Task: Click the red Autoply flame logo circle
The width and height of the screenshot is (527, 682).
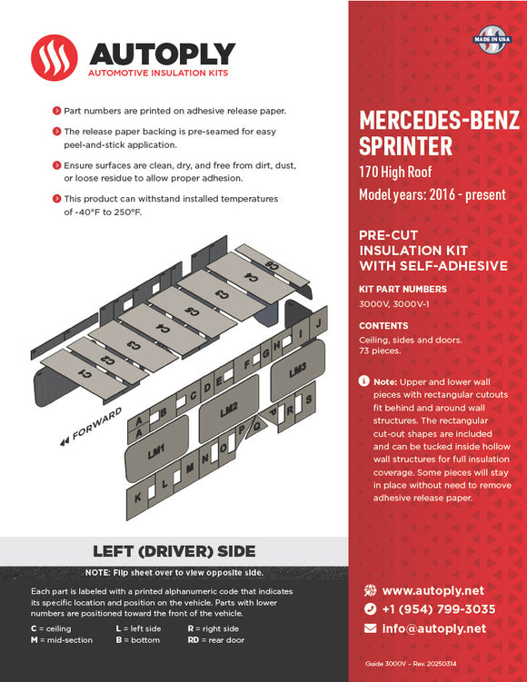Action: [55, 58]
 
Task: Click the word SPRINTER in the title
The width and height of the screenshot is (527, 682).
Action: [405, 145]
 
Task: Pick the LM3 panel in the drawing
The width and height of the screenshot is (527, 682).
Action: [298, 371]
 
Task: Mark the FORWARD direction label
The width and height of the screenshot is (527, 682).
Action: [94, 427]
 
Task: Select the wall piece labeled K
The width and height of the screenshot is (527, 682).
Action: [138, 499]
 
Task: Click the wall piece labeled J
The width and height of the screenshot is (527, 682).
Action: [318, 323]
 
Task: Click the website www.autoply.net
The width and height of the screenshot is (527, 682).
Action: [433, 590]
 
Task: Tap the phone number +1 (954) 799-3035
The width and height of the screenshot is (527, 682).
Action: [438, 609]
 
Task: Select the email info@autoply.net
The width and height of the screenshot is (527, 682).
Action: [433, 628]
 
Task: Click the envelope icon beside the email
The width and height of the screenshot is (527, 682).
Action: [370, 628]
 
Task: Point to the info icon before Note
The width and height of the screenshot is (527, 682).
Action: [363, 381]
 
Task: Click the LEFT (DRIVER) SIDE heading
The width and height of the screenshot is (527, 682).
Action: [174, 551]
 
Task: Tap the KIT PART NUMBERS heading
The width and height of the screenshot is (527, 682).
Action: [403, 290]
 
